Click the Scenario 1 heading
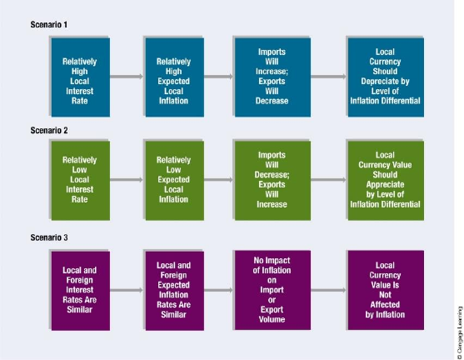(x=49, y=24)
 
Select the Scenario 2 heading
(x=49, y=130)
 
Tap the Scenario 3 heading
(x=49, y=237)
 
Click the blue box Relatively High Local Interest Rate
(x=81, y=77)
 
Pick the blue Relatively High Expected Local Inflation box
(x=175, y=77)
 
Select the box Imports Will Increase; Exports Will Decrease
(x=272, y=77)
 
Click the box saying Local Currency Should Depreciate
(x=386, y=77)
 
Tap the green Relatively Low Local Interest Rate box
(x=81, y=181)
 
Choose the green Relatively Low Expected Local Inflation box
(x=175, y=181)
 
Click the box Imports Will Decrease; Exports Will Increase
(x=272, y=181)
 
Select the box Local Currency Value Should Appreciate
(x=386, y=181)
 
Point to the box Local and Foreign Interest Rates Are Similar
(x=81, y=291)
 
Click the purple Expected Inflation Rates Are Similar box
(x=175, y=291)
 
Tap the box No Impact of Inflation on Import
(x=272, y=290)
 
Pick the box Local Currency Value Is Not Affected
(x=386, y=290)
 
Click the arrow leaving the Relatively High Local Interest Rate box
(x=127, y=77)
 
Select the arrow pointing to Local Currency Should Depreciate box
(x=328, y=77)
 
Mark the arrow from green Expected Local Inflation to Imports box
(x=218, y=180)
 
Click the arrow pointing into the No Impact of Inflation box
(x=218, y=290)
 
